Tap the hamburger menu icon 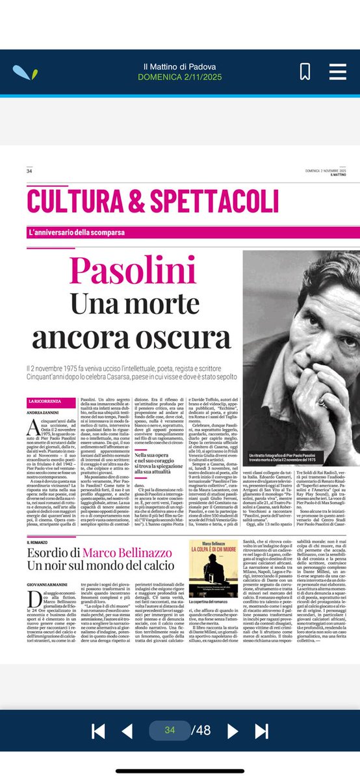coord(337,71)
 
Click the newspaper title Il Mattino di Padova coord(179,67)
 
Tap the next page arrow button coord(231,730)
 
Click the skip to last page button coord(261,730)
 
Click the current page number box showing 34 coord(170,730)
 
